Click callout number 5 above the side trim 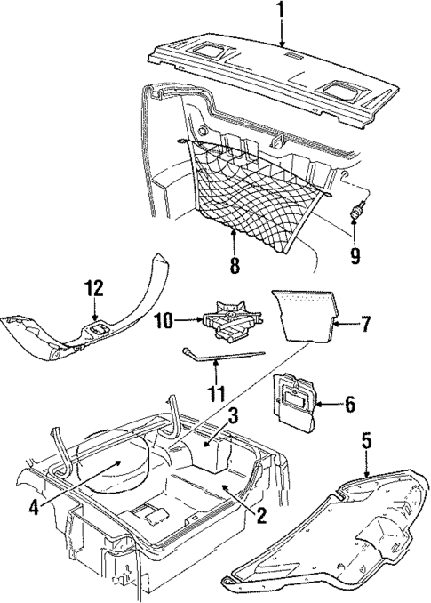(366, 440)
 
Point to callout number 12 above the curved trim (94, 288)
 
